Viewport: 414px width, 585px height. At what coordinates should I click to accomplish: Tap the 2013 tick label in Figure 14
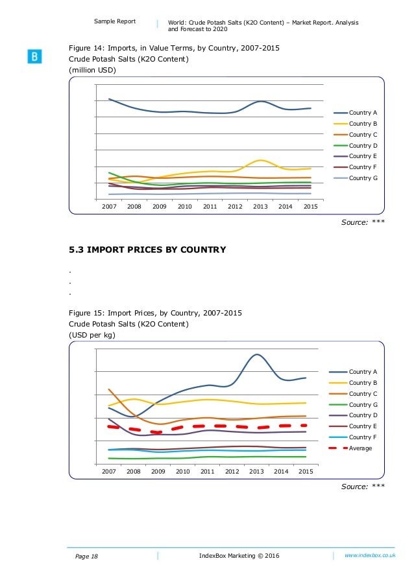point(260,207)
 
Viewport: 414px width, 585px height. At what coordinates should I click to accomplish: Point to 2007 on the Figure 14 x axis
point(109,207)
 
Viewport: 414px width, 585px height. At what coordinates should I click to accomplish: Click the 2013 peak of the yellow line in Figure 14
point(260,160)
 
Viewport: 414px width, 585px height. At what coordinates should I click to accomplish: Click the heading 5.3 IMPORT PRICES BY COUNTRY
point(147,249)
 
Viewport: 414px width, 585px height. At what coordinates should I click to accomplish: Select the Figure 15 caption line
point(156,312)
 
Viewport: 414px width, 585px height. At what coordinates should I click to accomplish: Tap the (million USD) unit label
point(93,71)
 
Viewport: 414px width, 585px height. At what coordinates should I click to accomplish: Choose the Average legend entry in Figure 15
point(360,448)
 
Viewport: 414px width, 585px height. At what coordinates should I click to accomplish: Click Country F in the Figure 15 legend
point(360,437)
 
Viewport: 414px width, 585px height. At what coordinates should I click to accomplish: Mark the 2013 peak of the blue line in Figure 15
point(257,354)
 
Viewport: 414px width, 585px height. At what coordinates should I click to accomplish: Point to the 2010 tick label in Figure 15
point(182,472)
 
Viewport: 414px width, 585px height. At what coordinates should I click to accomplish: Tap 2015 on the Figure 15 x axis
point(305,472)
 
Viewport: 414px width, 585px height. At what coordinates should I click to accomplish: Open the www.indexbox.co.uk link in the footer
point(370,555)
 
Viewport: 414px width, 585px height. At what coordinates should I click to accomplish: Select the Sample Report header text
point(115,21)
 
